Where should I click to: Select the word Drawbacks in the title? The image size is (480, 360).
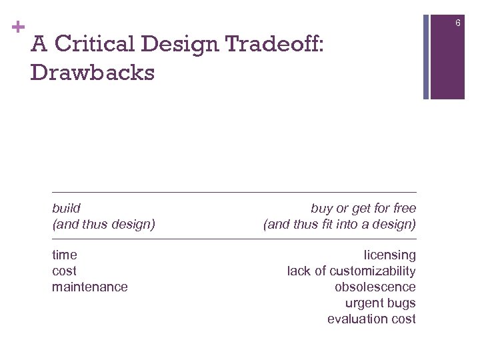tap(92, 72)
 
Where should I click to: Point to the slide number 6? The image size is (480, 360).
tap(458, 24)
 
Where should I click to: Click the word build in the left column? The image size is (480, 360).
tap(66, 208)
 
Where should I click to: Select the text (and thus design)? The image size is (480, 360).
tap(103, 224)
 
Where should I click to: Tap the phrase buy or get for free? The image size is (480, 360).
tap(363, 208)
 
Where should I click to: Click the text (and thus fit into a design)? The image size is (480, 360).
tap(339, 224)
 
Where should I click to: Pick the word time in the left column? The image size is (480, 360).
tap(65, 255)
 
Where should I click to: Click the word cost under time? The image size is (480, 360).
tap(64, 271)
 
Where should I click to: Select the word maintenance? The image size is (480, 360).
tap(90, 287)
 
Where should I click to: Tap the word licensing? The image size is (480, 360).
tap(389, 255)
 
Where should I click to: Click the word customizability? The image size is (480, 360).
tap(373, 271)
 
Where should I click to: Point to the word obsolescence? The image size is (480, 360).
tap(375, 287)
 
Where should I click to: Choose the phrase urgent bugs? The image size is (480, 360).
tap(380, 303)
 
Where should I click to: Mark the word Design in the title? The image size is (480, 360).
tap(178, 44)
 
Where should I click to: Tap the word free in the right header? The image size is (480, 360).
tap(403, 208)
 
